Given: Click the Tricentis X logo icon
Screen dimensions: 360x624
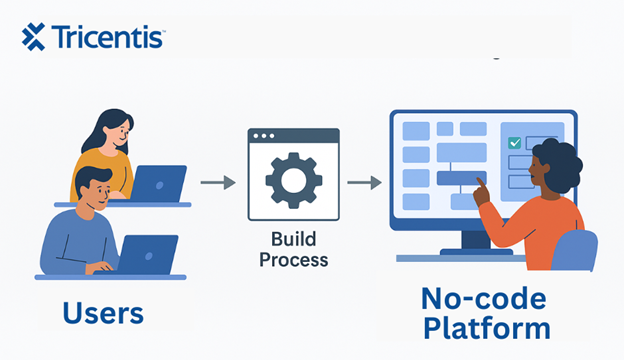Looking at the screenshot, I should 33,37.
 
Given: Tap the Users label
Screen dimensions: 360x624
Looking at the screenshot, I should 102,313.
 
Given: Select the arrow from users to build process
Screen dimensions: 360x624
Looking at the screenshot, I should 217,182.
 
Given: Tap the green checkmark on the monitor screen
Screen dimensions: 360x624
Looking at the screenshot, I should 514,144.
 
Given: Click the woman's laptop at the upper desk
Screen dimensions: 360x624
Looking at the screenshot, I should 157,183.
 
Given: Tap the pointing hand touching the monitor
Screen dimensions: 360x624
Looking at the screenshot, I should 481,189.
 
